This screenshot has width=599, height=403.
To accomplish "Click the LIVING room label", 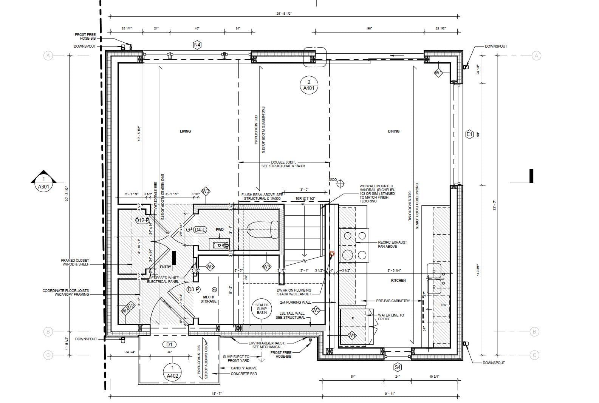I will (x=185, y=131).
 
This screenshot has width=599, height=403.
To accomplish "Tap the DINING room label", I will (x=393, y=131).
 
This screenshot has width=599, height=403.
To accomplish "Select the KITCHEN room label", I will (x=398, y=281).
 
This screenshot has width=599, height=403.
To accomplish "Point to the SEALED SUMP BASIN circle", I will (x=262, y=309).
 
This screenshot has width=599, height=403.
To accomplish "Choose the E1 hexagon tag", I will (x=469, y=134).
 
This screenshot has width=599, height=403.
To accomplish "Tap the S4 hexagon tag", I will (x=397, y=367).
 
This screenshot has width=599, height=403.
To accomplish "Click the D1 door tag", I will (x=169, y=344).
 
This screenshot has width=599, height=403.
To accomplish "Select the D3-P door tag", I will (x=193, y=289).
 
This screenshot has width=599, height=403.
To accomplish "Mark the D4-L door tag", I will (x=200, y=230).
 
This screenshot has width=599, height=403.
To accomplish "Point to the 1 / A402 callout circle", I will (x=172, y=372).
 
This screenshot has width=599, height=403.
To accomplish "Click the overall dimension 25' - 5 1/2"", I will (x=284, y=14).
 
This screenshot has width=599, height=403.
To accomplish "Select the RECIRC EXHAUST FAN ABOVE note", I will (x=392, y=244).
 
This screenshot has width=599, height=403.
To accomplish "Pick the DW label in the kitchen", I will (x=443, y=305).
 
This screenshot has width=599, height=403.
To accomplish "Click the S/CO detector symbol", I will (x=341, y=184).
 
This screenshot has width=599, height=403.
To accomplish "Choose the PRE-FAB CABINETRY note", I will (x=393, y=301).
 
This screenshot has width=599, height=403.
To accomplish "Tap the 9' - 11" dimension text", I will (x=389, y=394).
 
